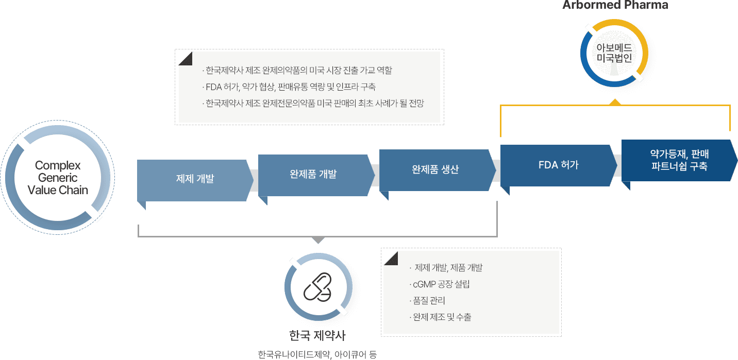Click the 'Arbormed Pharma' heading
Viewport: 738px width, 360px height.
[x=615, y=6]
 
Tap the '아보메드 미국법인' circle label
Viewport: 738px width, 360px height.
[x=614, y=53]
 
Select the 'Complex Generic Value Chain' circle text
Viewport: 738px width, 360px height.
[x=58, y=178]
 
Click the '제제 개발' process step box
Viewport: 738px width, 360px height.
[x=195, y=180]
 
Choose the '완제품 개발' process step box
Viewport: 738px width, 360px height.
[x=313, y=174]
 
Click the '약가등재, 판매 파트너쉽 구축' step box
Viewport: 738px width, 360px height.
[x=679, y=160]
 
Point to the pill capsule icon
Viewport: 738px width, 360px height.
[x=318, y=289]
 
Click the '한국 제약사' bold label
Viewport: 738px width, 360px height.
[x=317, y=336]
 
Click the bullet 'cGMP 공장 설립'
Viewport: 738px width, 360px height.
[x=441, y=284]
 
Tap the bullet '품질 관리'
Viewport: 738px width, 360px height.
[x=428, y=301]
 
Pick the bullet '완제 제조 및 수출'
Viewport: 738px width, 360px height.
[x=442, y=317]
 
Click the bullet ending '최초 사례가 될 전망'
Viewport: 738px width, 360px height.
[x=314, y=103]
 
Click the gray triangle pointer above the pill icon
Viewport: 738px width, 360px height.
[x=318, y=240]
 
